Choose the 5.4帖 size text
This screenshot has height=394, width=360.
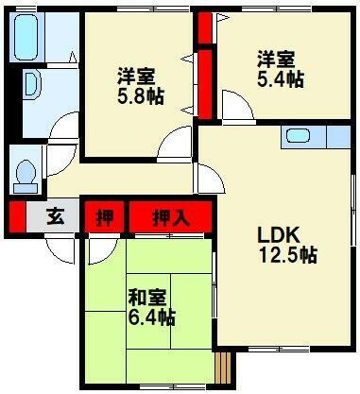coord(280,80)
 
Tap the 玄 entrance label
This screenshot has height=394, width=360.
coord(57,217)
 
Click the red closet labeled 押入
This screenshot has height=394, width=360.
coord(171,217)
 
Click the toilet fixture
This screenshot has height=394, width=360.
coord(25,176)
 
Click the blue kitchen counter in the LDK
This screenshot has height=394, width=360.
coord(317,138)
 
